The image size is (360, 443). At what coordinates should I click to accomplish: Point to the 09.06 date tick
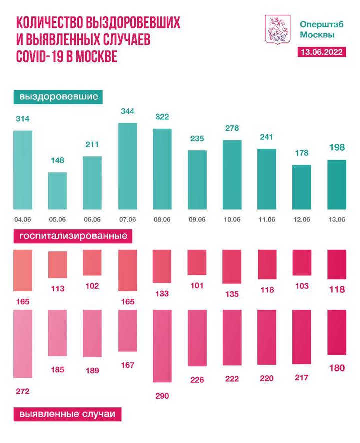[197, 219]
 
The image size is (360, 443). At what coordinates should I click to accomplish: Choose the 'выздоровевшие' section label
[58, 96]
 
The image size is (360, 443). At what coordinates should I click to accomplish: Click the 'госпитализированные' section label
[73, 235]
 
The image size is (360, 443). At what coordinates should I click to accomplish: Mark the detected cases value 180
[336, 368]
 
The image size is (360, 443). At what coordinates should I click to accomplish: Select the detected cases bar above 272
[23, 344]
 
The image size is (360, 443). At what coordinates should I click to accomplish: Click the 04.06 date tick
[23, 219]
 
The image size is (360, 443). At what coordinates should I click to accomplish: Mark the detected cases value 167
[127, 366]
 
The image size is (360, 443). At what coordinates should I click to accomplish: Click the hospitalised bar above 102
[92, 263]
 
